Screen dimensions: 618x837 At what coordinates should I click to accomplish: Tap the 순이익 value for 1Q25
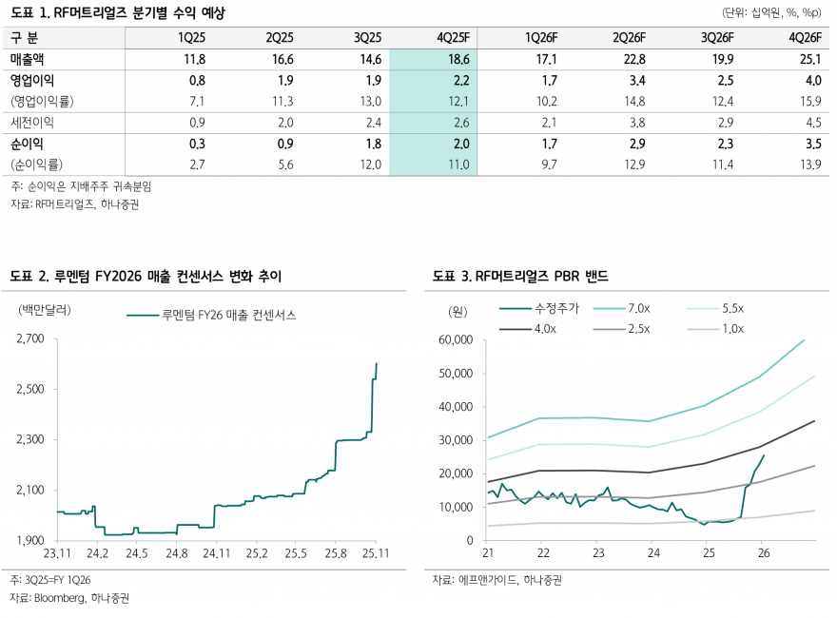(197, 144)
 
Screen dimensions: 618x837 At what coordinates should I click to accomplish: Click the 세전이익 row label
(32, 123)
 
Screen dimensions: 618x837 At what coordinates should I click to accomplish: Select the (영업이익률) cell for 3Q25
(367, 102)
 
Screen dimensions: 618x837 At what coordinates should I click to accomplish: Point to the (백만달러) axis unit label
(44, 309)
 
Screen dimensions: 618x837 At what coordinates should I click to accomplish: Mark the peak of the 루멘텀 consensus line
(377, 362)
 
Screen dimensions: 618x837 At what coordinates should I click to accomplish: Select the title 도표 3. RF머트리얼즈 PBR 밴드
(519, 276)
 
